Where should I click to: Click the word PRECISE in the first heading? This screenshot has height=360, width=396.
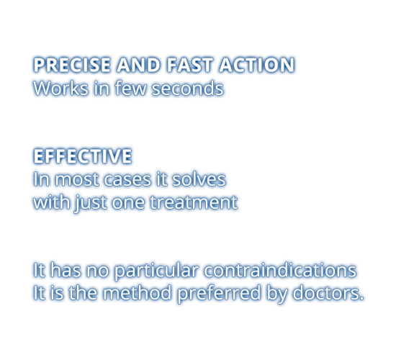(72, 65)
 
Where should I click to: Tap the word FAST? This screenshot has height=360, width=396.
(189, 65)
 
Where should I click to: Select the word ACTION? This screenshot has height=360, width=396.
(256, 65)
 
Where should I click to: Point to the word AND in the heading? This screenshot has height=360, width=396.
(138, 65)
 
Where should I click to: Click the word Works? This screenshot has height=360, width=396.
(61, 88)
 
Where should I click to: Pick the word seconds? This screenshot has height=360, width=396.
(188, 88)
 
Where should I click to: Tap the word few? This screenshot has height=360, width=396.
(131, 88)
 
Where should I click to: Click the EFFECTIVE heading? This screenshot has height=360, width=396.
(83, 156)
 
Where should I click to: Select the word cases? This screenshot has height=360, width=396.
(127, 179)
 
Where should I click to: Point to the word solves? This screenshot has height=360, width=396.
(199, 179)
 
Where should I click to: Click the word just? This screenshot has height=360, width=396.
(91, 202)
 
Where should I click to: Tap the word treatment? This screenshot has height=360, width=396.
(194, 202)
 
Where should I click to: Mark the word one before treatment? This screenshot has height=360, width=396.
(128, 204)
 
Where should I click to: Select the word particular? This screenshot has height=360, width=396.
(156, 271)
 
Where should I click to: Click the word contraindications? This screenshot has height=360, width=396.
(280, 270)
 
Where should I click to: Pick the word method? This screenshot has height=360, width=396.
(137, 292)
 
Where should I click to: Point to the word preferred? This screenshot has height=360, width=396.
(219, 294)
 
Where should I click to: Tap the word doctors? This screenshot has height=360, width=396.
(328, 292)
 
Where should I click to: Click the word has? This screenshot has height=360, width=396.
(66, 270)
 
